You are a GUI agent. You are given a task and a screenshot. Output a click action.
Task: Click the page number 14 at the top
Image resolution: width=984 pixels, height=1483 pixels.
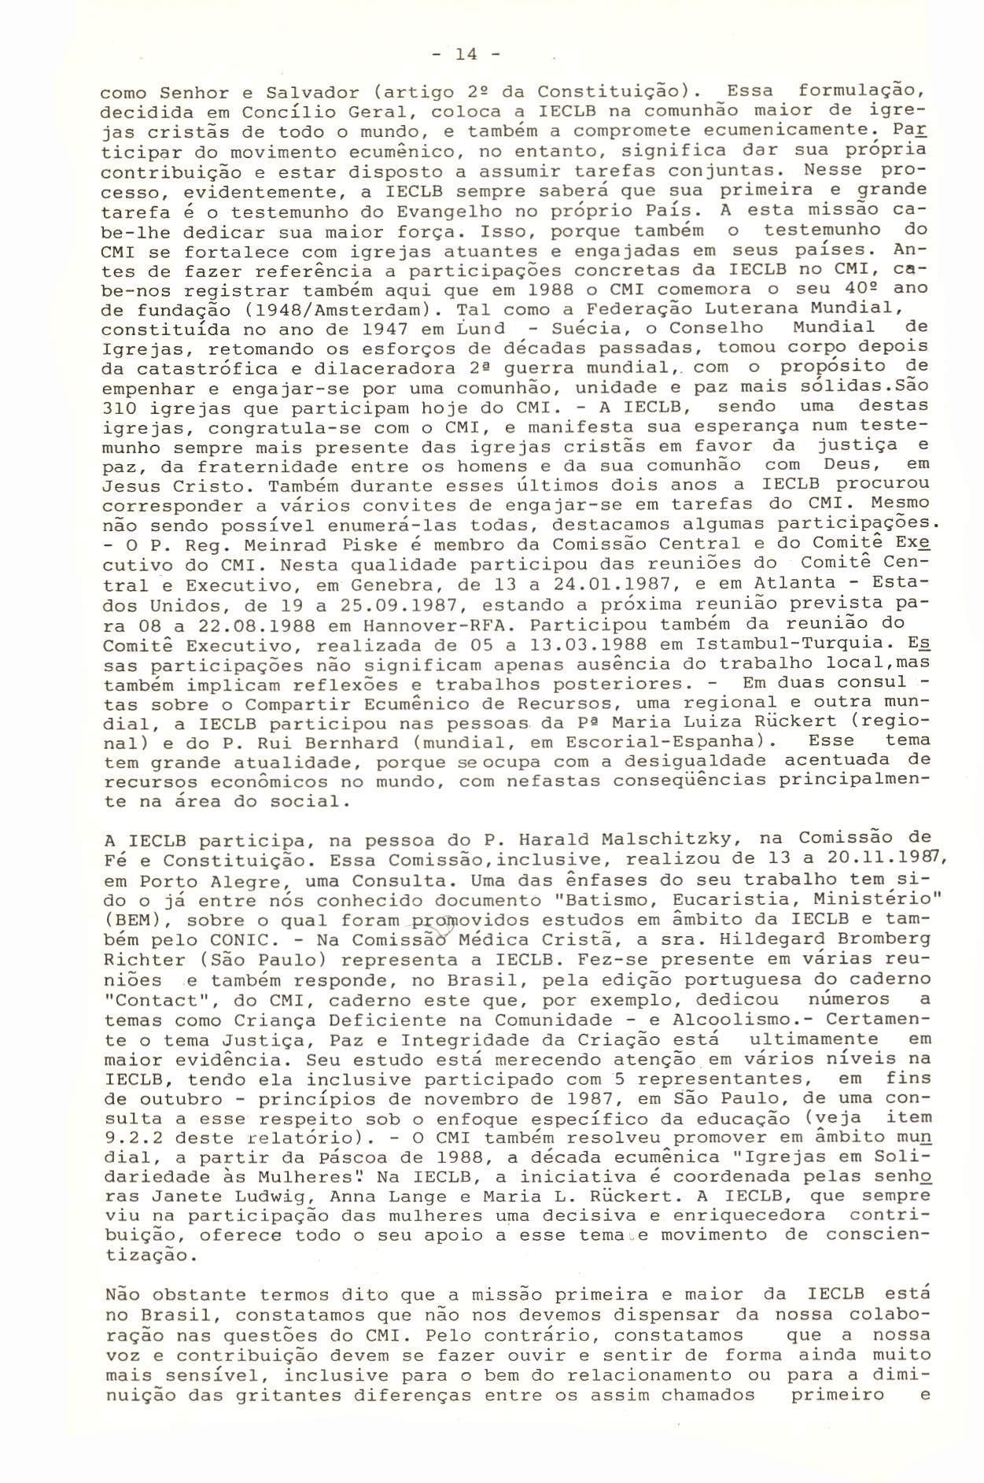tap(466, 54)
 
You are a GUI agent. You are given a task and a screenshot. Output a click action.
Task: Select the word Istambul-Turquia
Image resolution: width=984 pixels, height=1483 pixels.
tap(805, 643)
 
